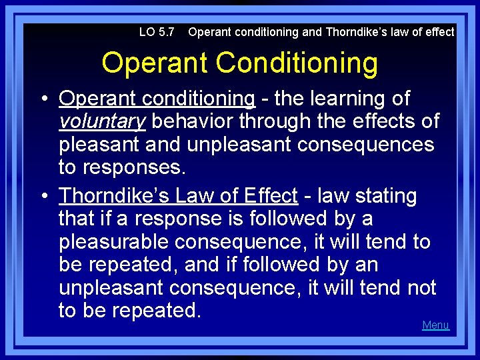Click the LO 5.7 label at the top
tap(157, 32)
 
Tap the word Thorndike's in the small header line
tap(353, 32)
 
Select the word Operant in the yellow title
tap(155, 63)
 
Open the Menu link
tap(435, 325)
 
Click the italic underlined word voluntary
tap(102, 121)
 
